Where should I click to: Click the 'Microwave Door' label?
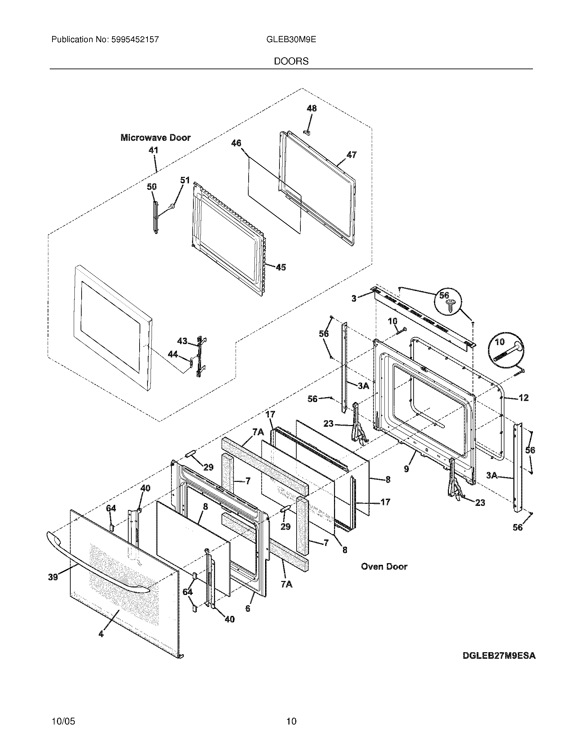coord(155,138)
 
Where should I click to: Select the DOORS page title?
coord(291,61)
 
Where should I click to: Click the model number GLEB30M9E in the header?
coord(291,39)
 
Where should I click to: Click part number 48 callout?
coord(311,108)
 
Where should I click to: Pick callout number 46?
coord(236,143)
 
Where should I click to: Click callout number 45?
coord(281,267)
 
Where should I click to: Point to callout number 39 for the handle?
coord(53,576)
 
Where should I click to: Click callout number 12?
coord(524,398)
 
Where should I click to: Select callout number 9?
coord(406,469)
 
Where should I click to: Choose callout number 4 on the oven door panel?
coord(101,633)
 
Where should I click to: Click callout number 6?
coord(248,608)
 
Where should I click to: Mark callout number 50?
coord(152,187)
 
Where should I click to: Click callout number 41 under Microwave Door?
coord(153,150)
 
